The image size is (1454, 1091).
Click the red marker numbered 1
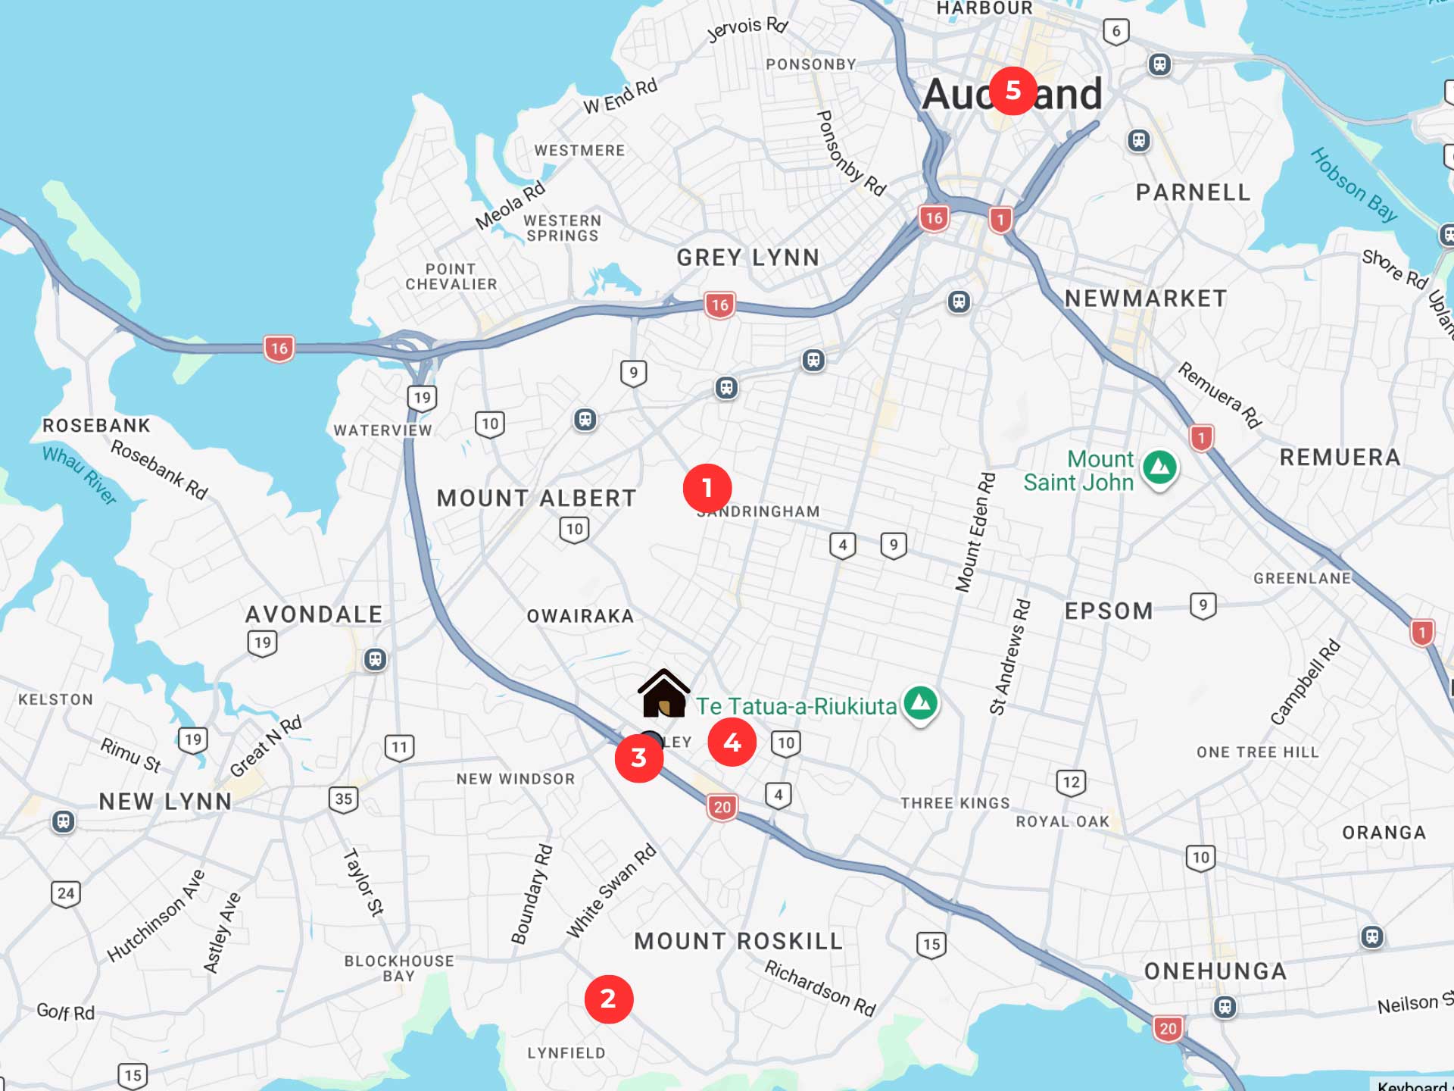coord(707,489)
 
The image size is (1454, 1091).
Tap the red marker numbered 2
coord(608,999)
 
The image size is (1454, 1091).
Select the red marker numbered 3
coord(638,758)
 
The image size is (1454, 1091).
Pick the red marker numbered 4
coord(732,742)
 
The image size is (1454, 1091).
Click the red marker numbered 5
coord(1012,91)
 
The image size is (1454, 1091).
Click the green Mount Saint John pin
coord(1159,468)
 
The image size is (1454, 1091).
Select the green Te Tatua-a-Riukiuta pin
coord(920,704)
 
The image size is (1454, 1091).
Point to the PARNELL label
coord(1193,192)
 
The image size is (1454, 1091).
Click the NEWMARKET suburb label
coord(1146,299)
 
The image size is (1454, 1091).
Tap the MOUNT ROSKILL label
coord(738,941)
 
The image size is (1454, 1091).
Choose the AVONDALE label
coord(314,614)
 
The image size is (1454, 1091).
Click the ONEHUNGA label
coord(1215,971)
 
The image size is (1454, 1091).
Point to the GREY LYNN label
coord(748,258)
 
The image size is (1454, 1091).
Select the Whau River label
coord(80,475)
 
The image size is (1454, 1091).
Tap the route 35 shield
coord(344,799)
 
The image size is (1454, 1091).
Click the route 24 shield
coord(66,894)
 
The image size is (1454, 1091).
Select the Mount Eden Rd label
coord(975,532)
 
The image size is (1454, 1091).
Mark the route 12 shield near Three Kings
coord(1071,783)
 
